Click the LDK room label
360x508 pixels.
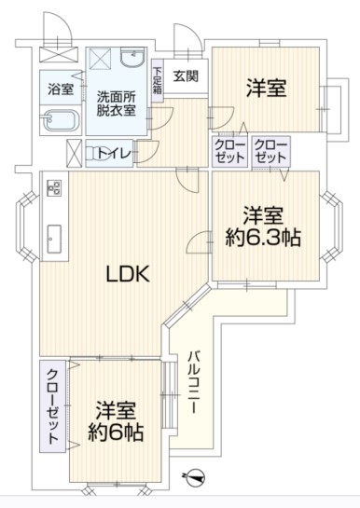point(129,274)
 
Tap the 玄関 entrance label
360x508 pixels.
point(186,76)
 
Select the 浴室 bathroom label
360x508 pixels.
point(61,89)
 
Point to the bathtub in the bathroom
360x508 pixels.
point(61,119)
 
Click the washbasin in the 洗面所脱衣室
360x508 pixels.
point(133,58)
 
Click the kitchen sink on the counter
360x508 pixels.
point(54,240)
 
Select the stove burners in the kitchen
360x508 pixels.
point(54,188)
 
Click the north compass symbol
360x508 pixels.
point(194,477)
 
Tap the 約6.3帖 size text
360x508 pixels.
point(263,238)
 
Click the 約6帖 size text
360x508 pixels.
point(116,432)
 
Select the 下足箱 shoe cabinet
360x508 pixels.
point(158,81)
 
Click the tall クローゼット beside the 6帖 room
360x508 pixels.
point(53,406)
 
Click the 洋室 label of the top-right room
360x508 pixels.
point(267,88)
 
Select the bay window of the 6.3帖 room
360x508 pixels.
point(331,227)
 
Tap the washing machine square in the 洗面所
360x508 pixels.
point(100,59)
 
